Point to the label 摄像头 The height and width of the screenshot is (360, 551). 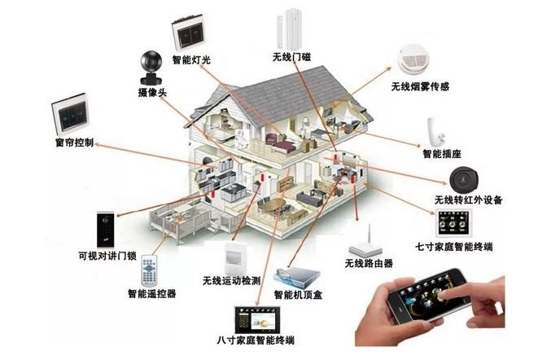coord(151,94)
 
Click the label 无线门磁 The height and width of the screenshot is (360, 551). coord(291,57)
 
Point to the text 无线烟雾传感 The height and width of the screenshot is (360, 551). coord(421,86)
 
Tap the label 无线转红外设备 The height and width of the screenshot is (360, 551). coord(468,200)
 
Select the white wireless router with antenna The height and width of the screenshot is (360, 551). coord(365,241)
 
